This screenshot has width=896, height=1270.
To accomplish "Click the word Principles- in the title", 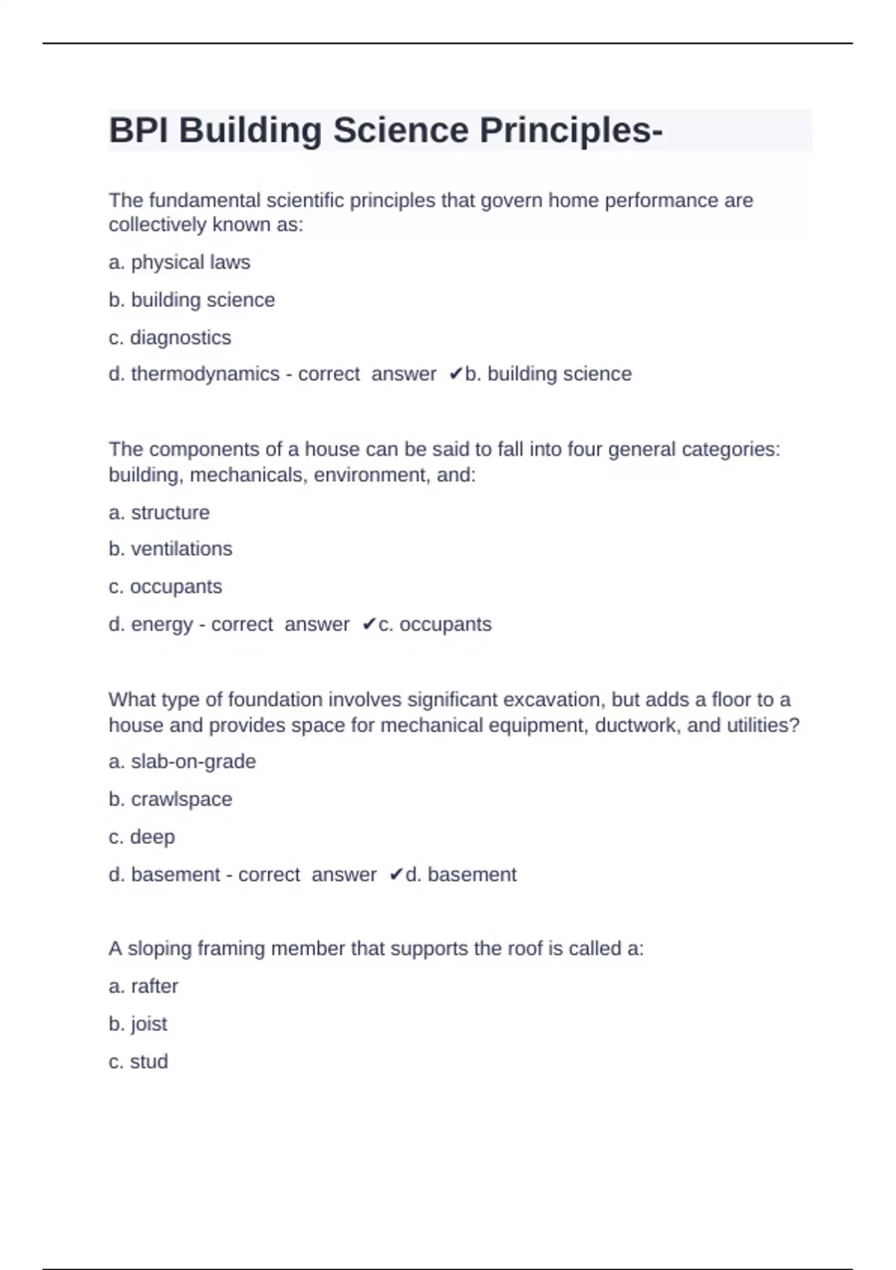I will (x=570, y=131).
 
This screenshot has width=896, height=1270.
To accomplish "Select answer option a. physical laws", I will (x=179, y=262).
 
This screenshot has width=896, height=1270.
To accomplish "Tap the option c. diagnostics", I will (x=169, y=338).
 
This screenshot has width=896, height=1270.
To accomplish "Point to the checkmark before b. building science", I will (x=455, y=374).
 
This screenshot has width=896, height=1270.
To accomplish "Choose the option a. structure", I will (x=159, y=512).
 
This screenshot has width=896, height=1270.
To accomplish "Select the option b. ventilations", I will (x=170, y=549).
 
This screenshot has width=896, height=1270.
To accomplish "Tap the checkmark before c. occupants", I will (x=369, y=625).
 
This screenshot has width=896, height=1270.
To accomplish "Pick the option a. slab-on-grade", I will (x=182, y=761).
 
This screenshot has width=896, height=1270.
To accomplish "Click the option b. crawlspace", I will (x=170, y=799).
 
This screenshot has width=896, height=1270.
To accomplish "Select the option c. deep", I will (x=142, y=837).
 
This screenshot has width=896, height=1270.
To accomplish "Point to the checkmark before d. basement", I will (x=396, y=874).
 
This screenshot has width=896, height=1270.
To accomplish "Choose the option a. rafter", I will (x=143, y=986).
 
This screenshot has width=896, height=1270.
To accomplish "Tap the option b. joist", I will (x=138, y=1023).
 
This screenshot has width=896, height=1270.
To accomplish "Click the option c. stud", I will (x=138, y=1062).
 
